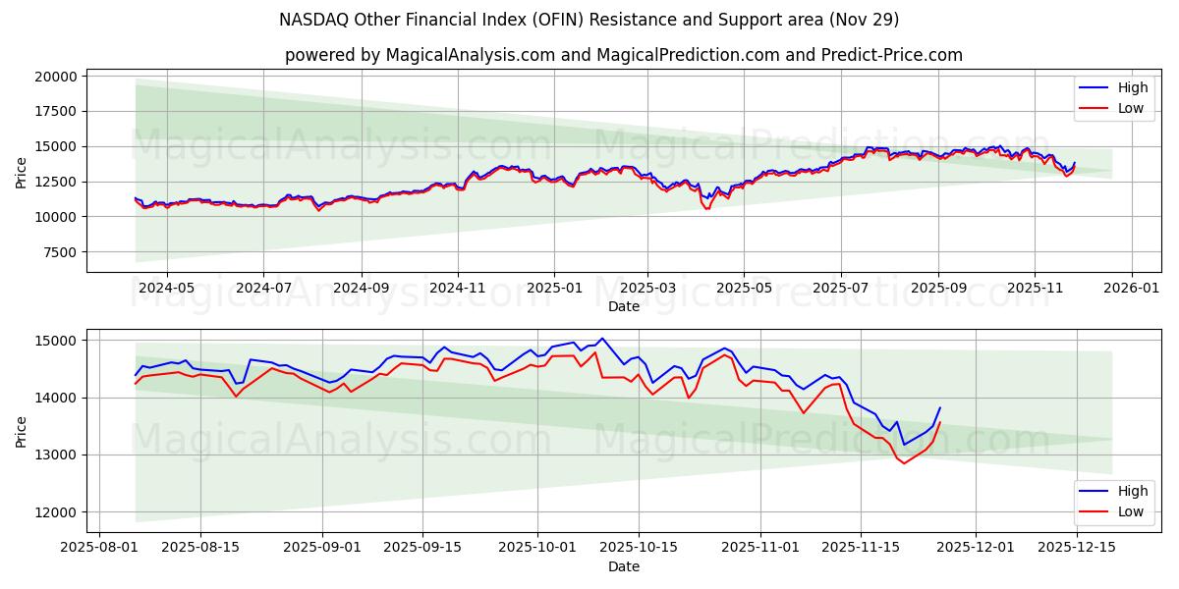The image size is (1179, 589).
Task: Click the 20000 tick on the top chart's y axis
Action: click(x=56, y=77)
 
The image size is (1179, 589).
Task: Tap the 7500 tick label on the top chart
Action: click(x=60, y=252)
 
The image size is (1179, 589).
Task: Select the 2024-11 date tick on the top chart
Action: click(x=457, y=288)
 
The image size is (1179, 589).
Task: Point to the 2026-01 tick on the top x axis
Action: click(x=1131, y=288)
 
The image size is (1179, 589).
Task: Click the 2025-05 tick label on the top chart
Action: click(x=743, y=288)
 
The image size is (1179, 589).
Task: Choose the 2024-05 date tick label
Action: click(x=166, y=288)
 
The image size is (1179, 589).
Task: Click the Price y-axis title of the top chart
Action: click(x=22, y=172)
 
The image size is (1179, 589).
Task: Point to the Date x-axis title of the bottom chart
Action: click(x=624, y=566)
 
